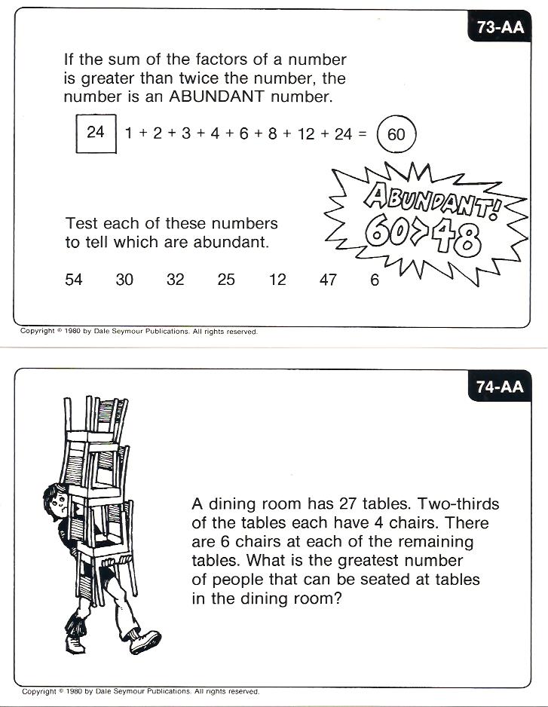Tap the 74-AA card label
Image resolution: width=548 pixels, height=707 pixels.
click(x=500, y=387)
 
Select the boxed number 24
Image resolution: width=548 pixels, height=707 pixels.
click(x=96, y=133)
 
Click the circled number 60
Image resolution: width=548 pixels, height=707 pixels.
click(x=396, y=135)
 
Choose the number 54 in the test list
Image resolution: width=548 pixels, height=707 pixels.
click(x=74, y=280)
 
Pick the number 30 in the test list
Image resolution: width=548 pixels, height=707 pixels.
click(x=124, y=280)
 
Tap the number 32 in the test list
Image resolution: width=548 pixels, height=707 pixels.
click(x=176, y=280)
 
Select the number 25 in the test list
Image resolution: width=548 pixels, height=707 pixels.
click(x=226, y=280)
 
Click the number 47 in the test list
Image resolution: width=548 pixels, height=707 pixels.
click(x=328, y=280)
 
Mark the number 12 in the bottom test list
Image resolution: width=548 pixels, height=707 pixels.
click(x=277, y=280)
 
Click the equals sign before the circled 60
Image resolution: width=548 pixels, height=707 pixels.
click(x=362, y=134)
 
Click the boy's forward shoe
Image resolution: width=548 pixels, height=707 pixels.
click(x=144, y=641)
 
